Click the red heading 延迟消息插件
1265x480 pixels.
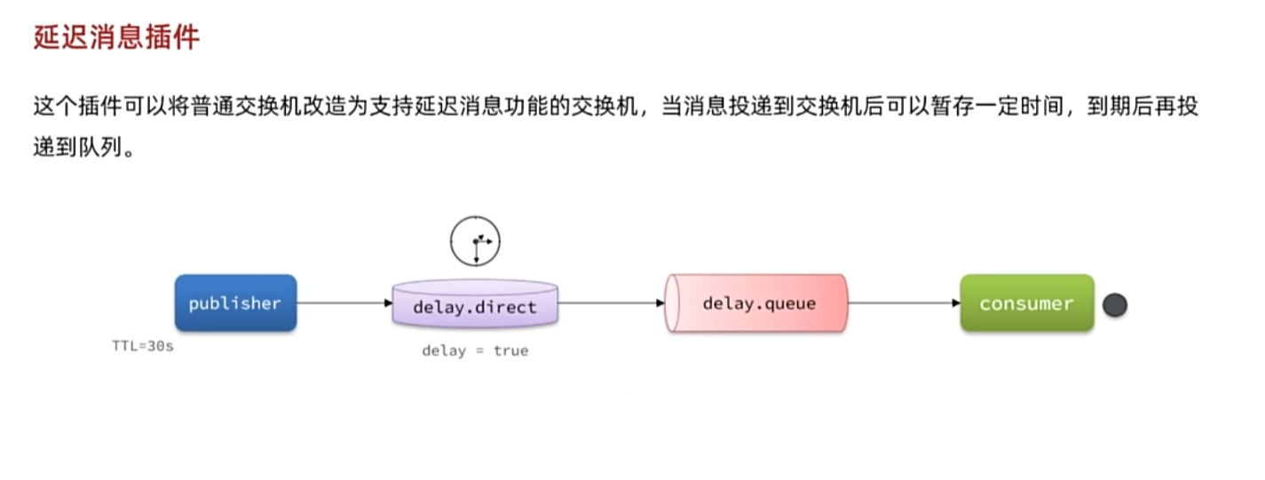(x=116, y=38)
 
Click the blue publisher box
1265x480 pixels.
(x=235, y=303)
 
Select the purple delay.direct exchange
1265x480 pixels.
(x=475, y=306)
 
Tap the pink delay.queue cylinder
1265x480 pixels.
(x=757, y=303)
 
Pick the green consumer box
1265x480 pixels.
(x=1026, y=303)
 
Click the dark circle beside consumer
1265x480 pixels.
(x=1114, y=305)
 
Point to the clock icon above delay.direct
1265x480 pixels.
(x=475, y=241)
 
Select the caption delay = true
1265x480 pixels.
(x=475, y=350)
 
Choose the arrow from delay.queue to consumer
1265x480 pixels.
(x=904, y=303)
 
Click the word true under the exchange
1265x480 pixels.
(x=510, y=350)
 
